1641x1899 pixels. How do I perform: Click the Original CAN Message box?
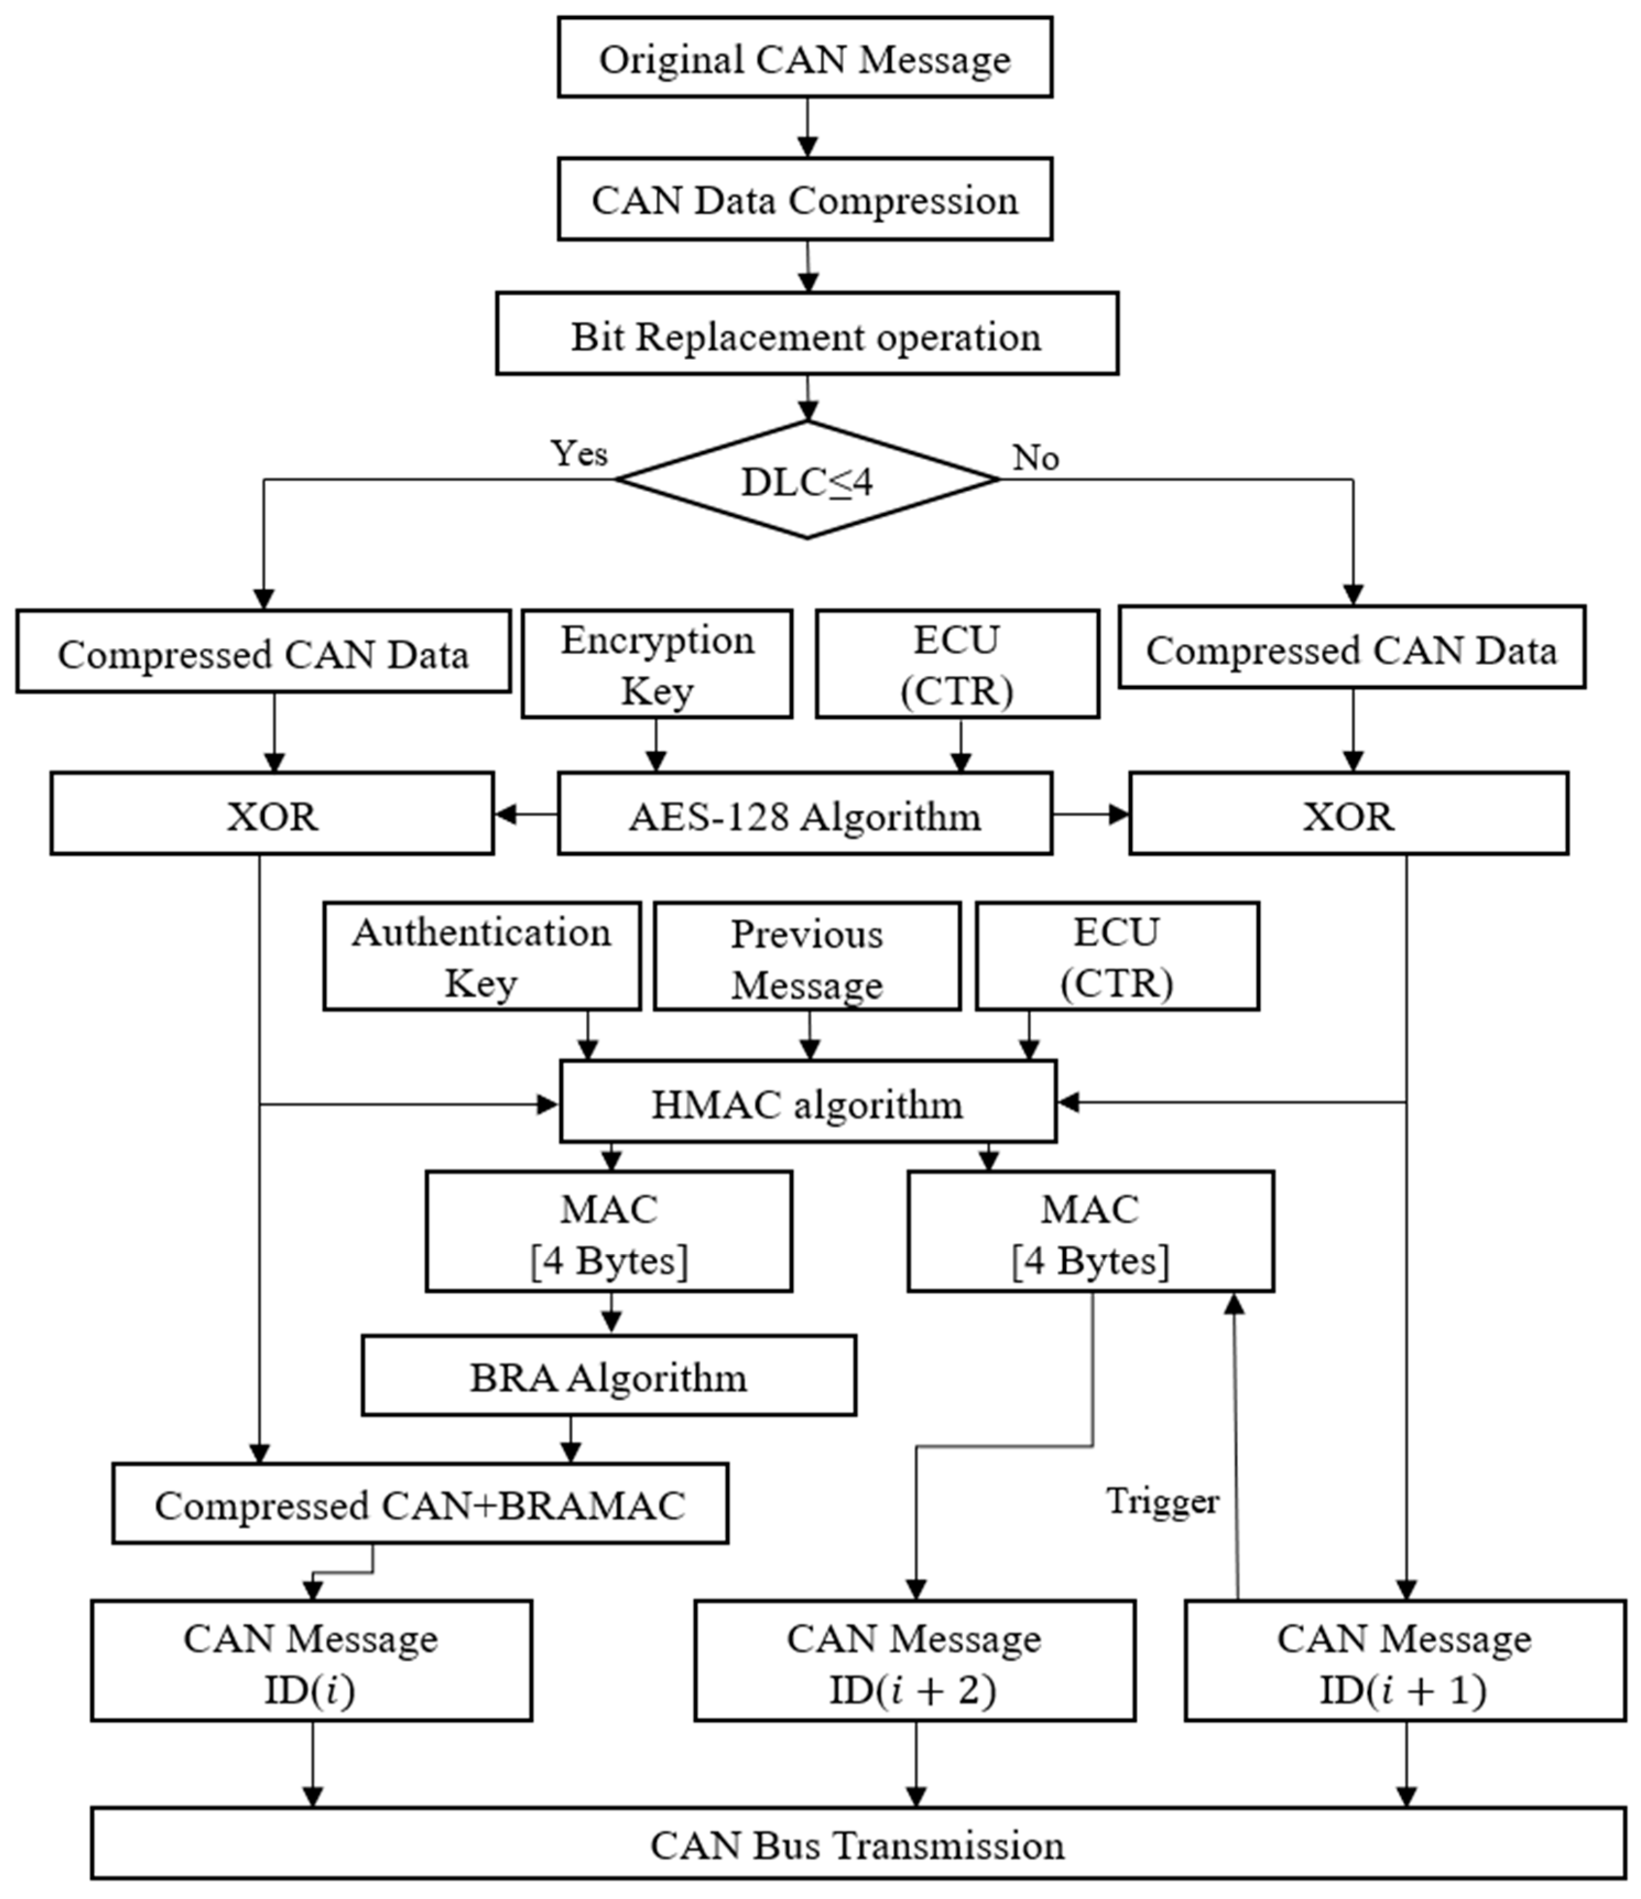804,57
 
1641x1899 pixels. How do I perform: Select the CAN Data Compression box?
804,199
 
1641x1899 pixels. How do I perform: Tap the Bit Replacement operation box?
806,334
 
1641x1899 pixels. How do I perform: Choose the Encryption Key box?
656,664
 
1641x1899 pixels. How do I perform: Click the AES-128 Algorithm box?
804,814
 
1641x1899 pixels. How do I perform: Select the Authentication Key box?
481,957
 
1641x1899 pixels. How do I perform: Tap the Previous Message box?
806,957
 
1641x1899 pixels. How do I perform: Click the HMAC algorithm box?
807,1103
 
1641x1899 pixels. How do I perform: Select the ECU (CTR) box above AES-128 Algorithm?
957,664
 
